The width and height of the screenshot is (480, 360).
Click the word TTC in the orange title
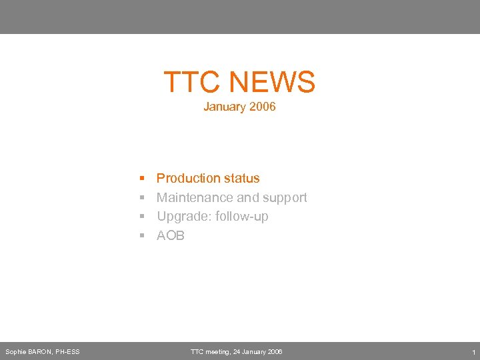193,83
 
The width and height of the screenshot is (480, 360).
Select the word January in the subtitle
224,107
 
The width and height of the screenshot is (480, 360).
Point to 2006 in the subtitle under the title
261,107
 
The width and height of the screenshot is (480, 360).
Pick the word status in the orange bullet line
242,178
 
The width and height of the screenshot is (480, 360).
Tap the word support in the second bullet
285,198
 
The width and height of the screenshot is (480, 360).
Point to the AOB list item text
171,235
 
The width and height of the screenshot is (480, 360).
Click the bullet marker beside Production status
142,179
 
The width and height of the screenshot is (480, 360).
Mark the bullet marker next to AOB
142,236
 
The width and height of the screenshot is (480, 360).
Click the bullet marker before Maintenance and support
142,198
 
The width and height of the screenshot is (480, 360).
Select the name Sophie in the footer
15,352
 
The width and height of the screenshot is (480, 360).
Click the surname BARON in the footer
41,352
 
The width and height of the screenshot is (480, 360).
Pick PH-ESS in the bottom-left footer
68,352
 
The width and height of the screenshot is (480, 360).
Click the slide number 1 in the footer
473,352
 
